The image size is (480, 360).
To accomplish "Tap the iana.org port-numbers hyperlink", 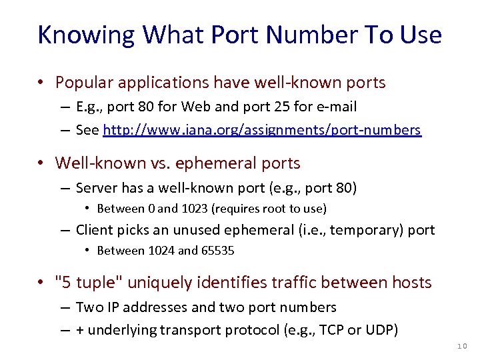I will (262, 130).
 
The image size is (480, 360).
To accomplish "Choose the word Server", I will (96, 188).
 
